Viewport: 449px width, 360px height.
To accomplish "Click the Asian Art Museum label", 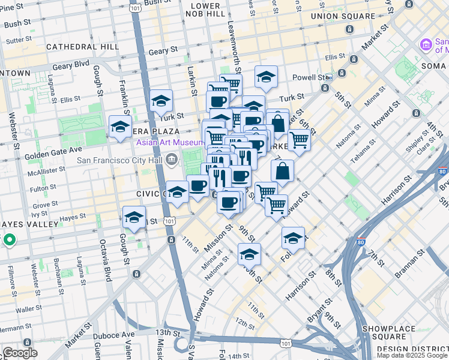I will [x=170, y=142].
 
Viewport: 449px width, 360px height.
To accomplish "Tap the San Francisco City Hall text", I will [x=120, y=160].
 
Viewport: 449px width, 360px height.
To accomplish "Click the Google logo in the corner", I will [x=20, y=353].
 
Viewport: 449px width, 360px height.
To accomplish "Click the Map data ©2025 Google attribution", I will [x=411, y=355].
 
